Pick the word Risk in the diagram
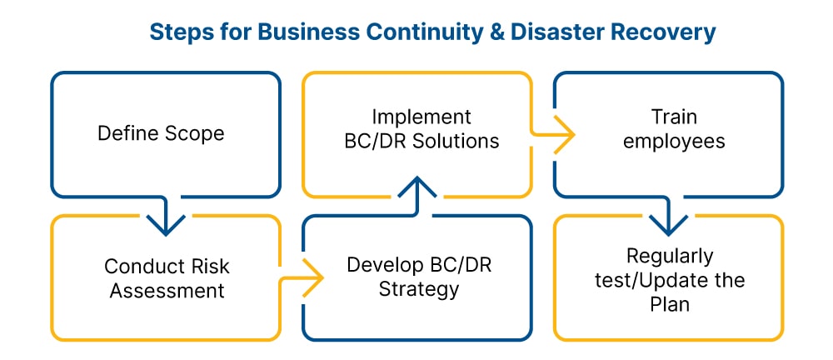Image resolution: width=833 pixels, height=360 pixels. pos(207,267)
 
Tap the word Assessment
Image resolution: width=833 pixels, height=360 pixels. pos(165,291)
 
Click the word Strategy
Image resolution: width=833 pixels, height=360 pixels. pos(418,290)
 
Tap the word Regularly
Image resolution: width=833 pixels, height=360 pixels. pos(669,255)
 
